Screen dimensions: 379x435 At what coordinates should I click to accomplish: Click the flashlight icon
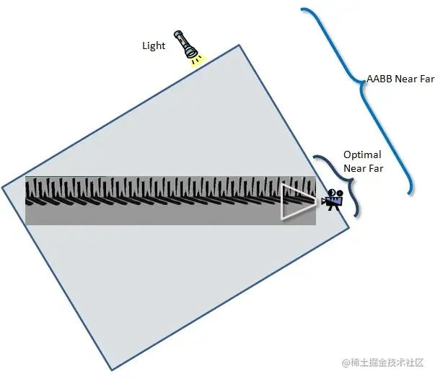click(x=185, y=45)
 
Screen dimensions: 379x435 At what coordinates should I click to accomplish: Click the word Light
click(x=154, y=46)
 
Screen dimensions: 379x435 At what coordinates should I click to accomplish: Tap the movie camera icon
click(x=333, y=199)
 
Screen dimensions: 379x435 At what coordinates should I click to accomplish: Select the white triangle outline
click(x=296, y=201)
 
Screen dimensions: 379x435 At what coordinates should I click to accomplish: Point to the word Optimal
click(x=362, y=154)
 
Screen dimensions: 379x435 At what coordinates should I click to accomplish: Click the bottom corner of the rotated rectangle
click(x=110, y=371)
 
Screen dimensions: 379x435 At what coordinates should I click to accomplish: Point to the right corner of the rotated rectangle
click(x=349, y=230)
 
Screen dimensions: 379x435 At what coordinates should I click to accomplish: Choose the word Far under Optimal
click(x=376, y=168)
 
